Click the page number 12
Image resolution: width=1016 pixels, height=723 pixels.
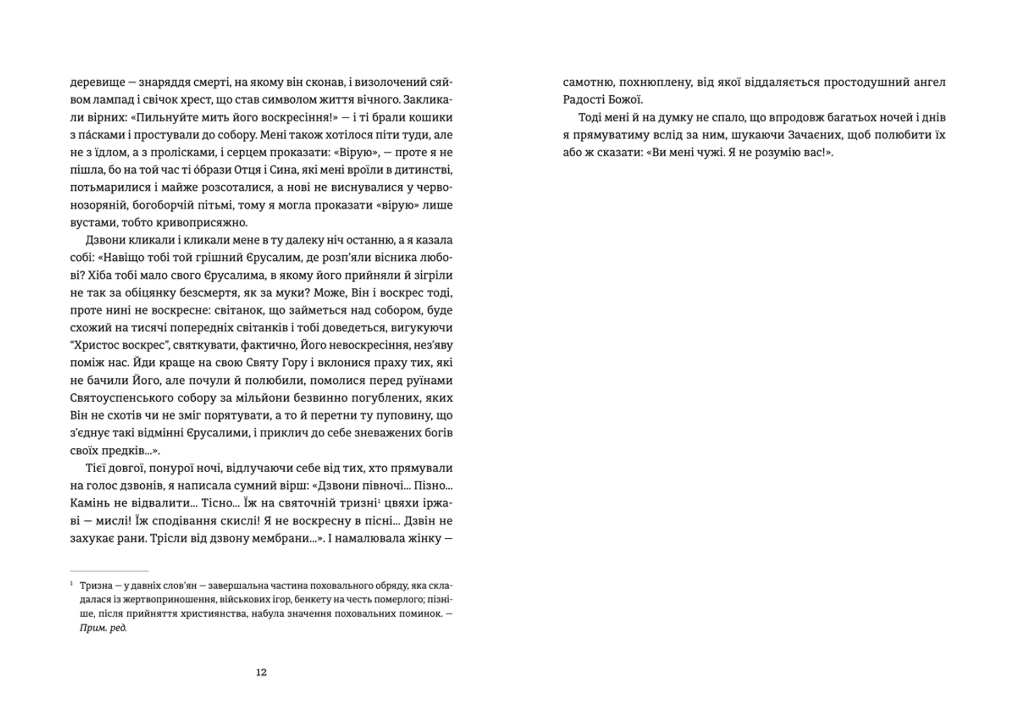261,672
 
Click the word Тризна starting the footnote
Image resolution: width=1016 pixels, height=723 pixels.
96,586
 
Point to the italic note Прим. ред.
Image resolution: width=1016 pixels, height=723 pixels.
103,628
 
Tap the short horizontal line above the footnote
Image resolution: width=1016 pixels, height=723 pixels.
109,571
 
